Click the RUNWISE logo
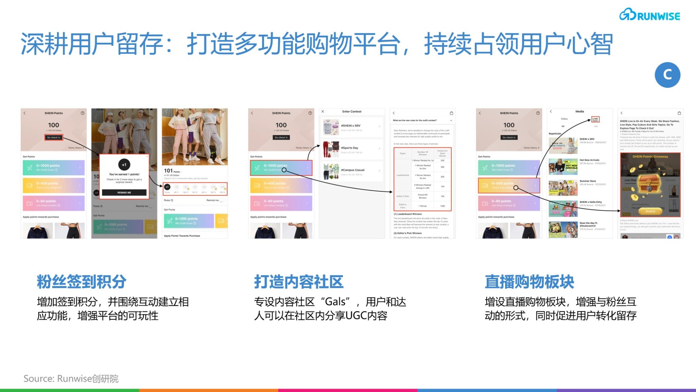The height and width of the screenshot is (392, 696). pos(649,15)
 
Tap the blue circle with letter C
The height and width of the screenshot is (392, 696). pos(667,75)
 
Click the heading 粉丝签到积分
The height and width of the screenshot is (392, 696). pos(82,282)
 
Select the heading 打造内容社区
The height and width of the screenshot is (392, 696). pos(299,282)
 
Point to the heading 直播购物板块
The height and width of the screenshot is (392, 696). pos(529,282)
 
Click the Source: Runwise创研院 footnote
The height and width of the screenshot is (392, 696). pos(71,378)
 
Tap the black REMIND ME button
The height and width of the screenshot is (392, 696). pos(124,192)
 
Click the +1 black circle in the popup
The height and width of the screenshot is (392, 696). pos(124,165)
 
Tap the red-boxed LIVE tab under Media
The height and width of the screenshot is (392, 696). pos(595,119)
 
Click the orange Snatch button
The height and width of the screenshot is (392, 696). pos(650,211)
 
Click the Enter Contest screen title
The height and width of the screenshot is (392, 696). pos(352,112)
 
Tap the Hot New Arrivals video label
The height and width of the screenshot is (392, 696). pos(589,160)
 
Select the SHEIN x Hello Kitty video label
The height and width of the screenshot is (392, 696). pos(590,202)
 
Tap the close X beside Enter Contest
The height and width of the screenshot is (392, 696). pos(323,112)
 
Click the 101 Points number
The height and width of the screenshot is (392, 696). pos(169,171)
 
